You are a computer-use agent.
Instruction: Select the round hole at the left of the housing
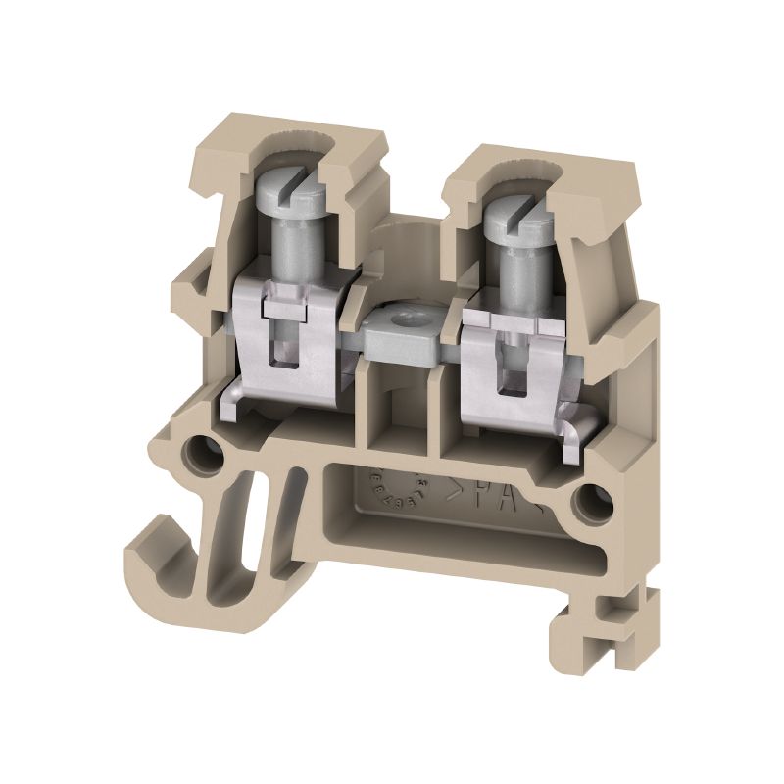(x=207, y=453)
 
